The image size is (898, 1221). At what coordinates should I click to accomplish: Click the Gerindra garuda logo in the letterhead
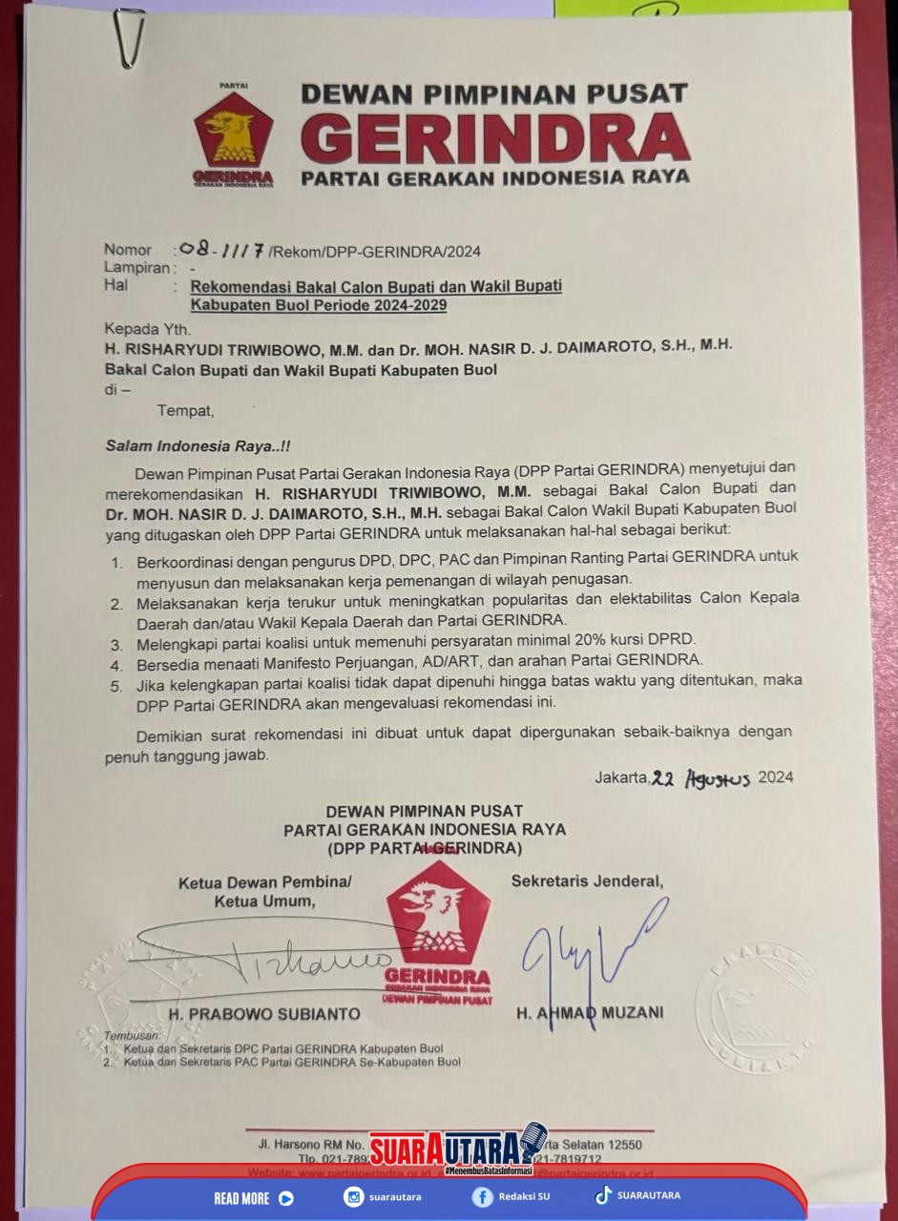click(x=234, y=135)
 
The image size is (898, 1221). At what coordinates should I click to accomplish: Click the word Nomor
click(x=128, y=251)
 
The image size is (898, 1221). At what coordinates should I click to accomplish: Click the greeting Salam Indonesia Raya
click(x=184, y=445)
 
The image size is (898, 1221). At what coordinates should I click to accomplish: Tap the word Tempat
click(x=186, y=411)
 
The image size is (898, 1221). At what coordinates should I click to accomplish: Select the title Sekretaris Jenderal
click(x=587, y=880)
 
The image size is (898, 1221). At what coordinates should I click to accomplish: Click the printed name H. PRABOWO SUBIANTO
click(x=264, y=1013)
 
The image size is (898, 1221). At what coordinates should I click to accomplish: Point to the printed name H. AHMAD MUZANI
click(x=590, y=1012)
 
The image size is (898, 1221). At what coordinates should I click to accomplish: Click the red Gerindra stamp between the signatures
click(x=438, y=935)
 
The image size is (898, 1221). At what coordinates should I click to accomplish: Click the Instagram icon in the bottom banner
click(x=354, y=1197)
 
